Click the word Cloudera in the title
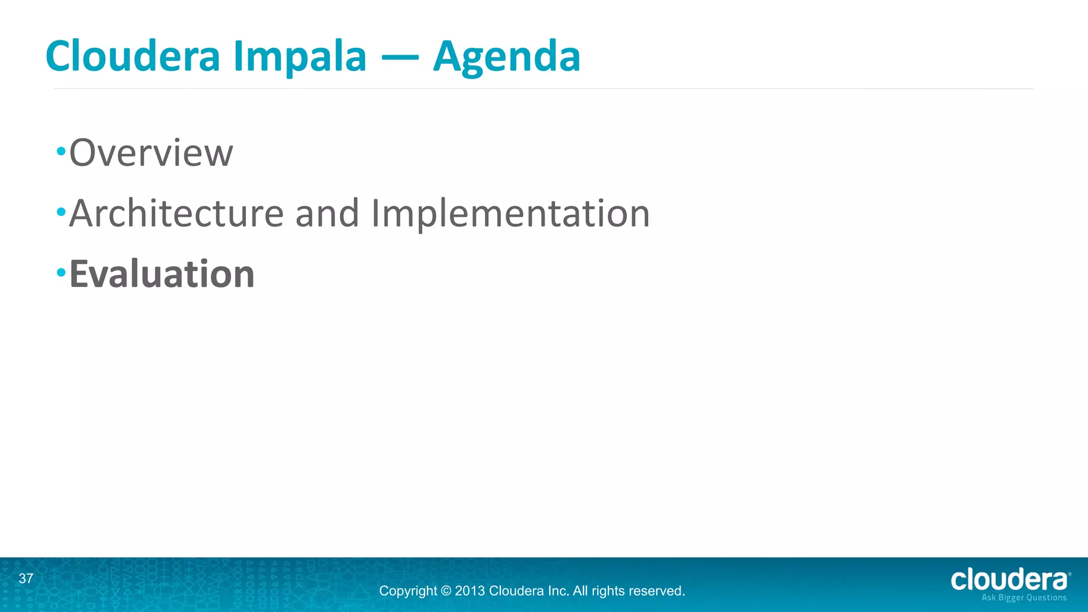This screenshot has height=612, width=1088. (133, 56)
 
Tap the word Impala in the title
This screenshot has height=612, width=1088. (300, 56)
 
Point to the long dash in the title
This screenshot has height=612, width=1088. (399, 56)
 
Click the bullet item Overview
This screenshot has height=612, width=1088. (151, 153)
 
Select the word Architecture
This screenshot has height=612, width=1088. (176, 214)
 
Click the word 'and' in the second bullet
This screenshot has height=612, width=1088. (327, 214)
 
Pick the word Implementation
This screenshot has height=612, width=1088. (511, 214)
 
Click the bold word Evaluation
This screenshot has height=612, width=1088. (162, 274)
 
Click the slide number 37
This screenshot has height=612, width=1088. (26, 579)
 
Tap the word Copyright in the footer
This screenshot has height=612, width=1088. (408, 591)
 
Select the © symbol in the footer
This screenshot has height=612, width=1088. (446, 591)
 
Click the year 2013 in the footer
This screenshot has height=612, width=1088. (470, 591)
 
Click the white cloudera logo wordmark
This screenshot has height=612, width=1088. (1009, 580)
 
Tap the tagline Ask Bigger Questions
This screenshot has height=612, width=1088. (1024, 598)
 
